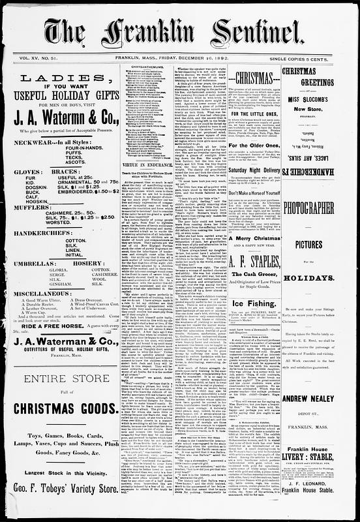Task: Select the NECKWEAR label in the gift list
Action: click(x=39, y=142)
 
